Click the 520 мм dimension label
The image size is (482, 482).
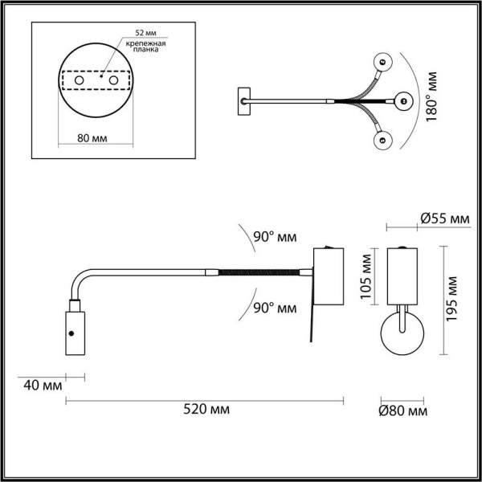[x=206, y=410]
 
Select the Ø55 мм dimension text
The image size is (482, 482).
[x=444, y=219]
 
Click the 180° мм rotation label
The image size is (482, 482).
[x=432, y=96]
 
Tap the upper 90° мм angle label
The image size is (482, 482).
[x=275, y=237]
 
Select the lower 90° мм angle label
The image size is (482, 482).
[x=275, y=308]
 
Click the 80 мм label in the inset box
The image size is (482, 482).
[x=96, y=138]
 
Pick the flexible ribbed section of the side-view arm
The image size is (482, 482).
[x=263, y=273]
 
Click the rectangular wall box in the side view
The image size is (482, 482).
[x=328, y=276]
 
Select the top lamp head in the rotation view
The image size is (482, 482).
[x=382, y=60]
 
